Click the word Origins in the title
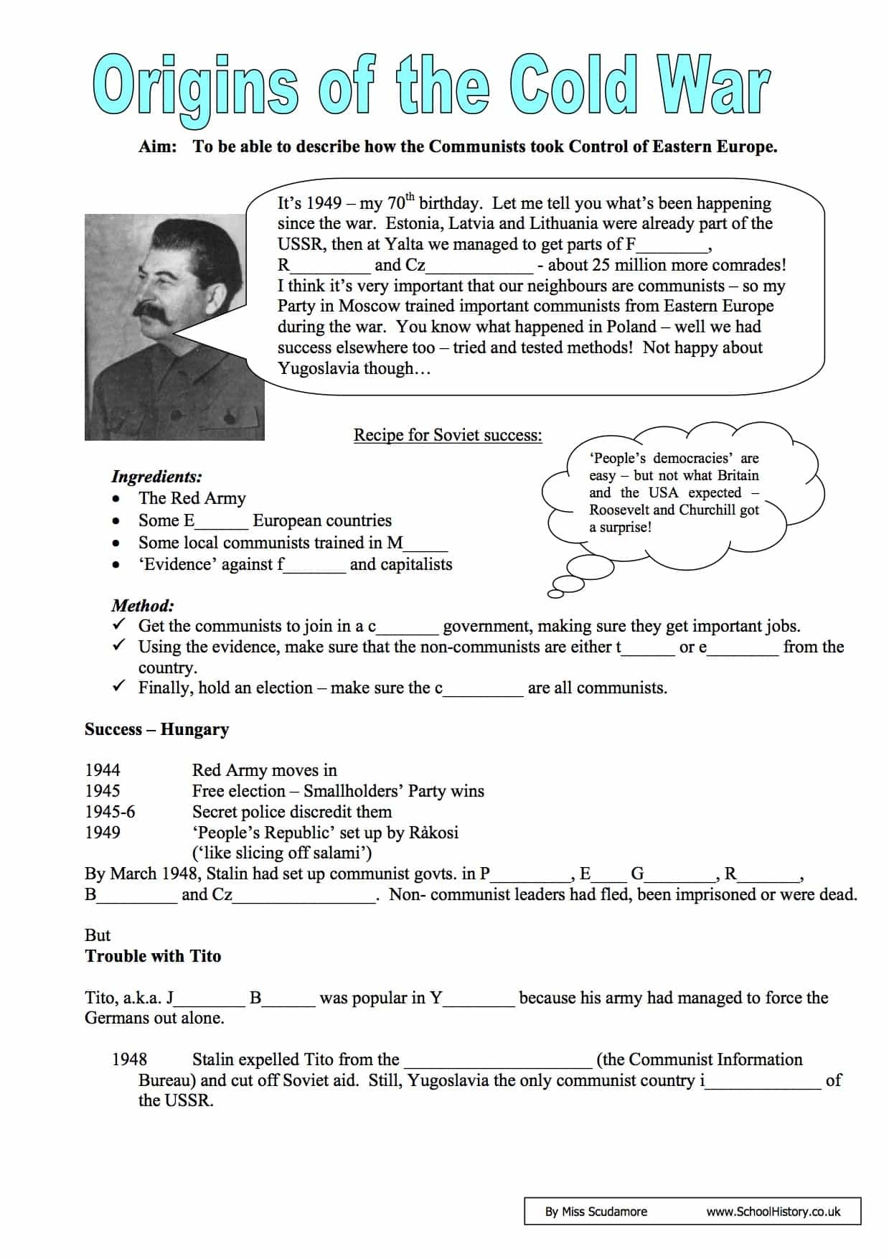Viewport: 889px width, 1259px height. tap(194, 87)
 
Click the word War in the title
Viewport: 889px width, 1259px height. tap(711, 85)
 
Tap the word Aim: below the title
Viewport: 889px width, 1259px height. tap(158, 147)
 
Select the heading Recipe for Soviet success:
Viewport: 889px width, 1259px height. tap(448, 435)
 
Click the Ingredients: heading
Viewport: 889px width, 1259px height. tap(156, 477)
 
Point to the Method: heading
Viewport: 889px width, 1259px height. tap(143, 605)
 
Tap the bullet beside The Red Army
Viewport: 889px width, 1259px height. tap(116, 499)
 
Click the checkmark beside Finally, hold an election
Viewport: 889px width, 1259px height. tap(119, 687)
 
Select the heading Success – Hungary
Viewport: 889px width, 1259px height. tap(156, 729)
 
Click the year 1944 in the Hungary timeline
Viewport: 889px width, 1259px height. tap(103, 770)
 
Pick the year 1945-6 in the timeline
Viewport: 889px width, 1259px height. tap(110, 812)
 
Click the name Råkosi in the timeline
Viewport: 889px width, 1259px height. tap(433, 833)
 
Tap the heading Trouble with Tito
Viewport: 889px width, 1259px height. tap(153, 956)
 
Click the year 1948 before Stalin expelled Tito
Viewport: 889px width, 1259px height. tap(130, 1059)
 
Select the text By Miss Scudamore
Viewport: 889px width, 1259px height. tap(596, 1212)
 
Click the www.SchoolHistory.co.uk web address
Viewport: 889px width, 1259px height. tap(773, 1212)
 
